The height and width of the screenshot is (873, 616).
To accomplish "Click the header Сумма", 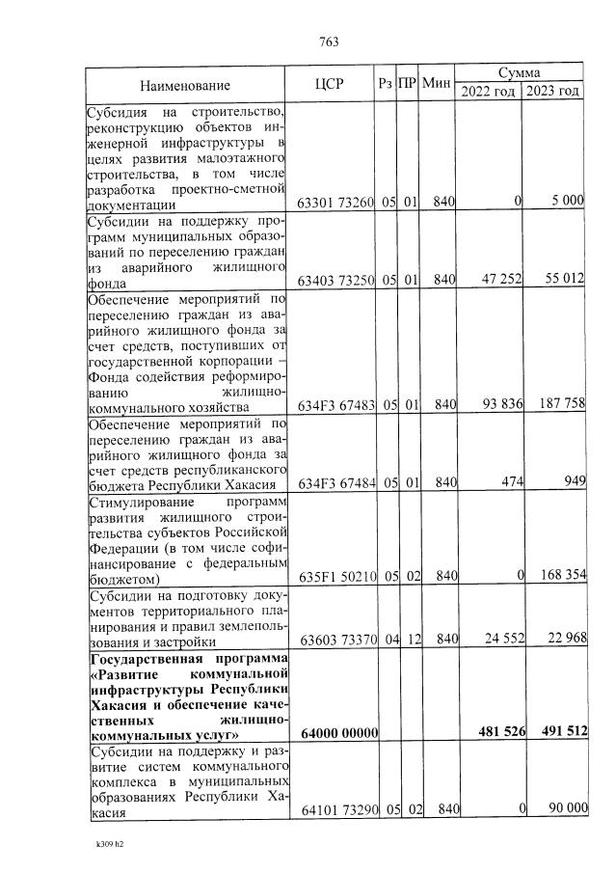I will pyautogui.click(x=519, y=73).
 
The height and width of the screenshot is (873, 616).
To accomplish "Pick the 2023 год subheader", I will pyautogui.click(x=553, y=91).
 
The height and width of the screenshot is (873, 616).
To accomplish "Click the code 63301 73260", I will pyautogui.click(x=335, y=201).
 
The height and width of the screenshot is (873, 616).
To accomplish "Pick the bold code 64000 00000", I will pyautogui.click(x=335, y=733).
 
